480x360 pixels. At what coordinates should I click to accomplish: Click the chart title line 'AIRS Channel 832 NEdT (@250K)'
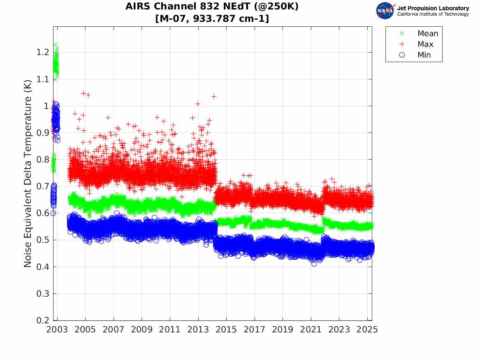(x=212, y=7)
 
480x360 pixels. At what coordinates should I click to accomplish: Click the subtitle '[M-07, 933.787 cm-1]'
(x=212, y=19)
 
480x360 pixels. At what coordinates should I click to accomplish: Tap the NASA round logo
(x=385, y=11)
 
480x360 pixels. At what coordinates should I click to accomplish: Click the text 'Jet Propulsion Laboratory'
(x=433, y=8)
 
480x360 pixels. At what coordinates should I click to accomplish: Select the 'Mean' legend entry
(x=427, y=34)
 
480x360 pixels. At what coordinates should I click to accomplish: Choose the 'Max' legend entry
(x=425, y=44)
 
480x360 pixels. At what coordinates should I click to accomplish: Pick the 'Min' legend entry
(x=424, y=55)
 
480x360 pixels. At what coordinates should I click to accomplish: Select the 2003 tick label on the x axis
(x=57, y=330)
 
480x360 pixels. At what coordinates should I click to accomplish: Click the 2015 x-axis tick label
(x=226, y=330)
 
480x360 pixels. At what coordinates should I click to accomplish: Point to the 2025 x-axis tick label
(x=367, y=330)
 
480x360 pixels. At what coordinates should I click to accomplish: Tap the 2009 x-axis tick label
(x=141, y=330)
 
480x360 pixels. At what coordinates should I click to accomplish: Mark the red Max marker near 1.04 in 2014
(x=214, y=96)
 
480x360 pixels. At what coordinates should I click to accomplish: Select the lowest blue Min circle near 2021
(x=314, y=264)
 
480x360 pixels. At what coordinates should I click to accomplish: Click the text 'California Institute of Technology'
(x=433, y=14)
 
